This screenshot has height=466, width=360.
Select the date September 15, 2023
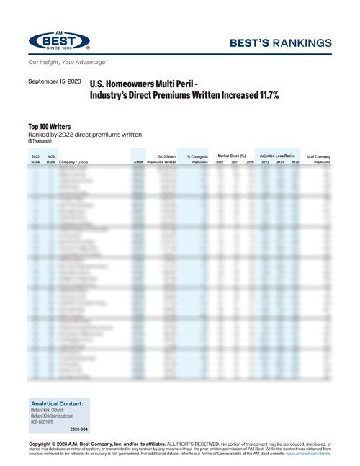pyautogui.click(x=55, y=84)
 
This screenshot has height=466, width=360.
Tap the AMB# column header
pyautogui.click(x=139, y=163)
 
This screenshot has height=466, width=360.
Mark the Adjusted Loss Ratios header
pyautogui.click(x=279, y=155)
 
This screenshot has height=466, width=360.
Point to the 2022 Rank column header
pyautogui.click(x=35, y=159)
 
